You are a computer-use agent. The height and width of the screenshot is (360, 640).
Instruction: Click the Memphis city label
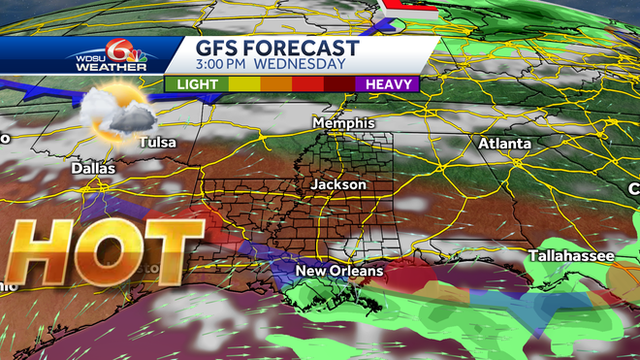(x=342, y=124)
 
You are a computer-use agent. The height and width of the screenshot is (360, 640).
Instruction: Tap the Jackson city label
(x=338, y=183)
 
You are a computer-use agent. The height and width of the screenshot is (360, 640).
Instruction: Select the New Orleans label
(x=339, y=270)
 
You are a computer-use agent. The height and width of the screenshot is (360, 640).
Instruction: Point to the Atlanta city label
(x=504, y=144)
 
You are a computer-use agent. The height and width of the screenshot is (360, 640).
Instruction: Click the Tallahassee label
(x=571, y=256)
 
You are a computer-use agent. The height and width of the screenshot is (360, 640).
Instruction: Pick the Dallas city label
(x=93, y=168)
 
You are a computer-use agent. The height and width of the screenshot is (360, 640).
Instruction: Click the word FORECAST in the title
(x=307, y=49)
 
